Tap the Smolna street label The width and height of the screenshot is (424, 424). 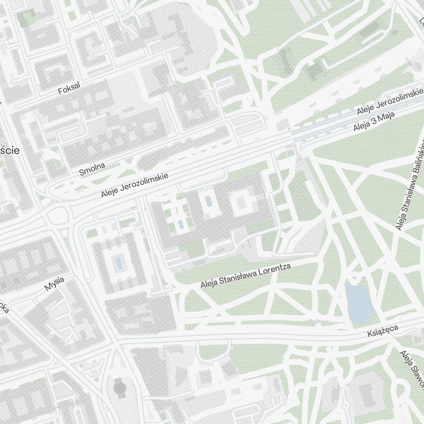(92, 169)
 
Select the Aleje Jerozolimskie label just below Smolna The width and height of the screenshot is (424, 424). (135, 185)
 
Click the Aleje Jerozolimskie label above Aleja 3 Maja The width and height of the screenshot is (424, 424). (390, 101)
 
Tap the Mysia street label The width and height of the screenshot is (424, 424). (54, 284)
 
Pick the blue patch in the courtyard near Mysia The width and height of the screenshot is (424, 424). (119, 264)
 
